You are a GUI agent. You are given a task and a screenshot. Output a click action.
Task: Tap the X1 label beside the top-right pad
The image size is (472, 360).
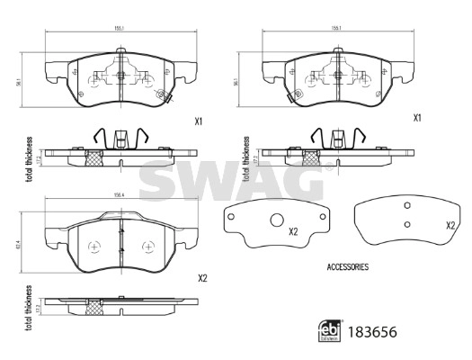417,118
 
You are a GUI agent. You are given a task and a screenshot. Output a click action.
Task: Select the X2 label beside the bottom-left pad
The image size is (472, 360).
202,278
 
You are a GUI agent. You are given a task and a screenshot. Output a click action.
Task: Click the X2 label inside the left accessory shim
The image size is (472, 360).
293,232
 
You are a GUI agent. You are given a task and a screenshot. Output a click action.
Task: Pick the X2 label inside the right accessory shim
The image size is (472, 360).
450,226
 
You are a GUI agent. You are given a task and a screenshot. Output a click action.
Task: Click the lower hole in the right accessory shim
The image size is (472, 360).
406,223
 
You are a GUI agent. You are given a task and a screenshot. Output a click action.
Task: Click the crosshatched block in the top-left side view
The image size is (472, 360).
92,157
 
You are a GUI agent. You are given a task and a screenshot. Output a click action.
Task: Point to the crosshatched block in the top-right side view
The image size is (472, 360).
309,157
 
